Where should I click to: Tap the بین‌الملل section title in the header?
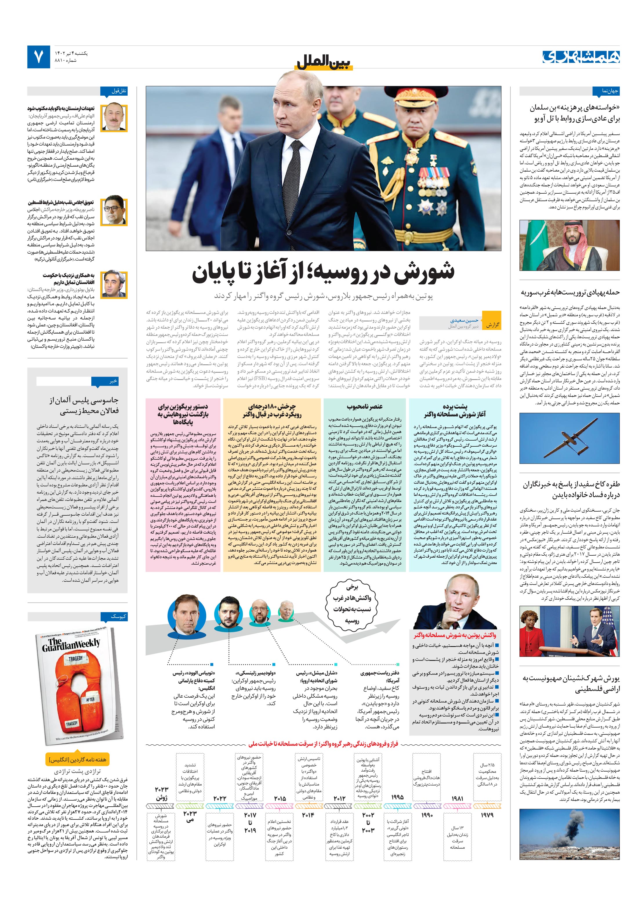pyautogui.click(x=324, y=62)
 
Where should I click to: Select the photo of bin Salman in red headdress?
pyautogui.click(x=569, y=245)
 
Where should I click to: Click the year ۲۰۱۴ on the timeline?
pyautogui.click(x=308, y=815)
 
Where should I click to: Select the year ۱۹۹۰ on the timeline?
pyautogui.click(x=427, y=815)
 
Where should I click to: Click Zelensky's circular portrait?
pyautogui.click(x=226, y=611)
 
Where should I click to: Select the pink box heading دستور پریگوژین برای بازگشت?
pyautogui.click(x=183, y=414)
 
